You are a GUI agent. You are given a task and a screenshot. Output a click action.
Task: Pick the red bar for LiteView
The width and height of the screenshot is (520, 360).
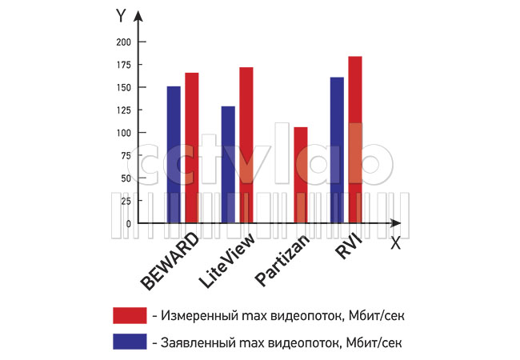point(246,145)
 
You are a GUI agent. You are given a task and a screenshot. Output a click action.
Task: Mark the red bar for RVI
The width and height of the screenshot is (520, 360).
point(355,140)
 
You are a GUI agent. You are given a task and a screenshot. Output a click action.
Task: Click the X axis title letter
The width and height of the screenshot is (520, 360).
point(395,244)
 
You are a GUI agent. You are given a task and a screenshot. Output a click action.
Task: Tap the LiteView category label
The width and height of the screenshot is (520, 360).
point(226,261)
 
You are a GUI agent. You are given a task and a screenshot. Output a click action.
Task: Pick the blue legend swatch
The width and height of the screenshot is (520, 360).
point(130,342)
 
